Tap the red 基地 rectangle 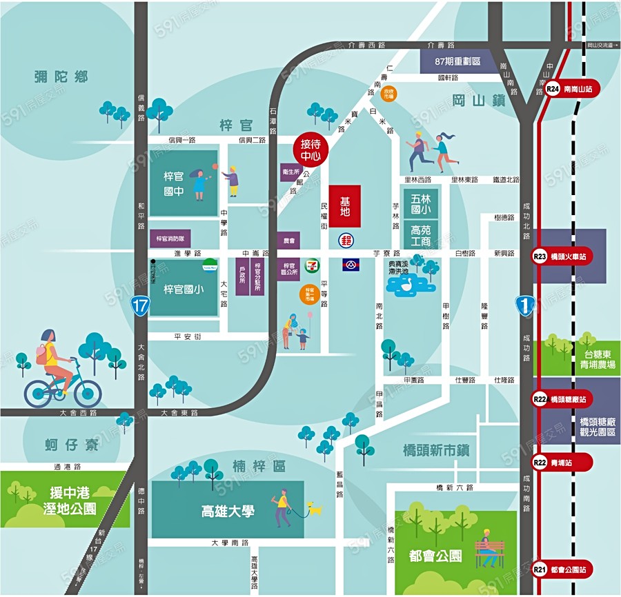(x=345, y=206)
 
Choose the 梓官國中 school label (x=174, y=183)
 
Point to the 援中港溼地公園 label (x=64, y=501)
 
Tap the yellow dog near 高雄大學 (x=315, y=509)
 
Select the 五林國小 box (x=420, y=202)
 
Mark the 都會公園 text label (x=435, y=556)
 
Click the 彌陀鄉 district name (x=61, y=77)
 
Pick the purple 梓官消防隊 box (x=170, y=239)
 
